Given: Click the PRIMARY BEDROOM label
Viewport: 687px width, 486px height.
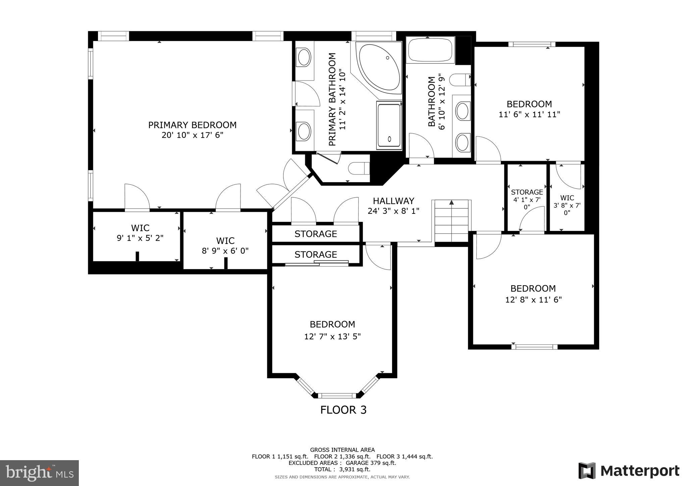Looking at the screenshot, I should (192, 125).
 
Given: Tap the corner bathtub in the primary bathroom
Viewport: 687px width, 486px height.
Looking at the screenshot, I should (379, 67).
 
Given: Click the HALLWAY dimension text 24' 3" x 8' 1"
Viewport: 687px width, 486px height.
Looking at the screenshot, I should (393, 211).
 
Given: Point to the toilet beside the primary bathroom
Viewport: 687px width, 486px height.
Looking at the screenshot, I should (358, 168).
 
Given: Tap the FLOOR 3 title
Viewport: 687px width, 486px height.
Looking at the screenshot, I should (343, 410).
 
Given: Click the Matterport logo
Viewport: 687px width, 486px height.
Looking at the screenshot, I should (629, 471).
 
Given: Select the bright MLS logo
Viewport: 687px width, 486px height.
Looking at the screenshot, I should (39, 473).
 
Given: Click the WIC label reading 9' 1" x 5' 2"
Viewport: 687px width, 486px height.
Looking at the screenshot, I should (140, 238).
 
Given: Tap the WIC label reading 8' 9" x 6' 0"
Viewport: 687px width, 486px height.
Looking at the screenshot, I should (225, 251).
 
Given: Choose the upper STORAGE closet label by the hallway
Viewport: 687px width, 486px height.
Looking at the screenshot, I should (316, 234).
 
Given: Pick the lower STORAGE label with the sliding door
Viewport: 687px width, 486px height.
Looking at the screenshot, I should (316, 254).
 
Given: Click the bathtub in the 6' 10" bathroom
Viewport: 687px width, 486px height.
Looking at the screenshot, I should (430, 50).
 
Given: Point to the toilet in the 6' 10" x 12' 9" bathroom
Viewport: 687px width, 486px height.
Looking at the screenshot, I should (460, 80).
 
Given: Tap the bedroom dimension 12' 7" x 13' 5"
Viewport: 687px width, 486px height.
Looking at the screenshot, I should (332, 336).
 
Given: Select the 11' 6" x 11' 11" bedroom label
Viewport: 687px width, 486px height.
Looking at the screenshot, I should (529, 114).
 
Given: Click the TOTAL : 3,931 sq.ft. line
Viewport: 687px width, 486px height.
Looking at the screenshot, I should (342, 469).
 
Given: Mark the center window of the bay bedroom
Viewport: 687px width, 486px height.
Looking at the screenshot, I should (337, 395).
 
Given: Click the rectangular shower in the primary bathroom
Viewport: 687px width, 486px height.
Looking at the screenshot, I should (389, 125).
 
